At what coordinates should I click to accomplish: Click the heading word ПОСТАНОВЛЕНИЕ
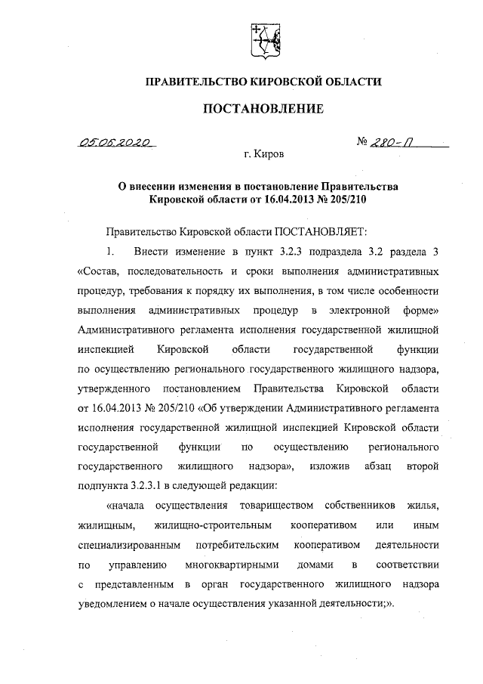pyautogui.click(x=263, y=110)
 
